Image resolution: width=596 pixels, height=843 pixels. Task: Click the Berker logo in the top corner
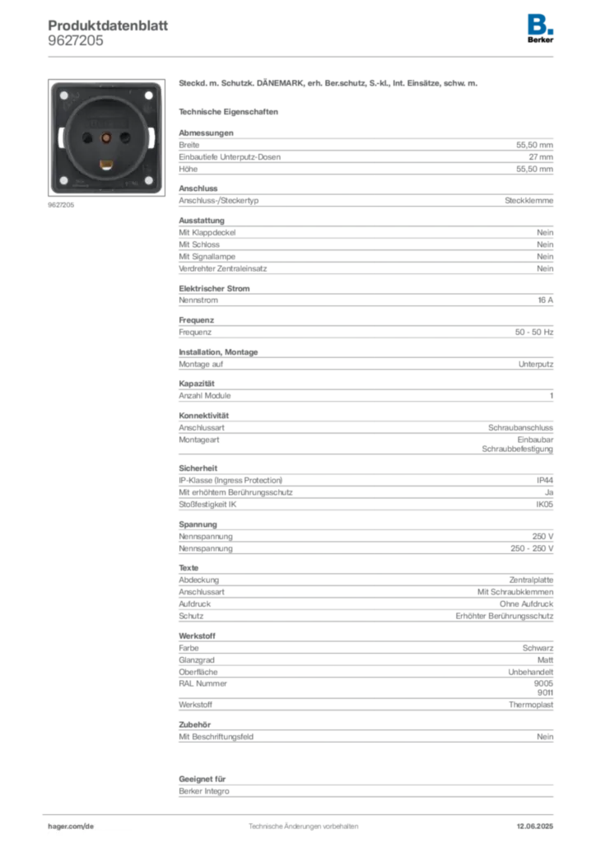[540, 29]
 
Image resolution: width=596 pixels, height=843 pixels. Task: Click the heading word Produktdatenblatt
[108, 26]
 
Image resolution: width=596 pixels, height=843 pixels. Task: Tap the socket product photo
[106, 137]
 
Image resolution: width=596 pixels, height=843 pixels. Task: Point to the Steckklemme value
[528, 201]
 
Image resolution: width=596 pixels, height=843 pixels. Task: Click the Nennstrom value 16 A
[546, 300]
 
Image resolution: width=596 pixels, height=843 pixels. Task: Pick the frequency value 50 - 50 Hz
[533, 333]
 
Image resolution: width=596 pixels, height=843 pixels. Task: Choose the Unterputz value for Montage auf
[536, 364]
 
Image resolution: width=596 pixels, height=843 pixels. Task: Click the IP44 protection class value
[545, 480]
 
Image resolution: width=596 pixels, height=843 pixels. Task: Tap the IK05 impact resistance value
[544, 505]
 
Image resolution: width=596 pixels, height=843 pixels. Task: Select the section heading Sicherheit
[198, 468]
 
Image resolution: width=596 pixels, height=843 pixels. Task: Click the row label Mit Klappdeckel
[207, 233]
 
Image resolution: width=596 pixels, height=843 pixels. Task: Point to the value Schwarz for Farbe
[538, 648]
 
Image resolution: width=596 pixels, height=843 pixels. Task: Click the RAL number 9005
[543, 683]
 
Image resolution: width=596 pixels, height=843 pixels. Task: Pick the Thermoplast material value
[531, 705]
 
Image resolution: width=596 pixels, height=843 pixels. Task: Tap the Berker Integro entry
[203, 791]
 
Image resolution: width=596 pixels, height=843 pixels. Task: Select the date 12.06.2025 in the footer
[535, 827]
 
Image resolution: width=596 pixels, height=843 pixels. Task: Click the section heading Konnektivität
[203, 416]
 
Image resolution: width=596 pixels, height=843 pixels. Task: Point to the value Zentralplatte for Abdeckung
[531, 580]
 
